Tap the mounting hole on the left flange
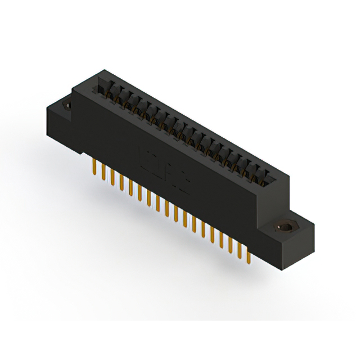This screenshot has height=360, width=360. [x=65, y=105]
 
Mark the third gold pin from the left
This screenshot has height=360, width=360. [x=112, y=177]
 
